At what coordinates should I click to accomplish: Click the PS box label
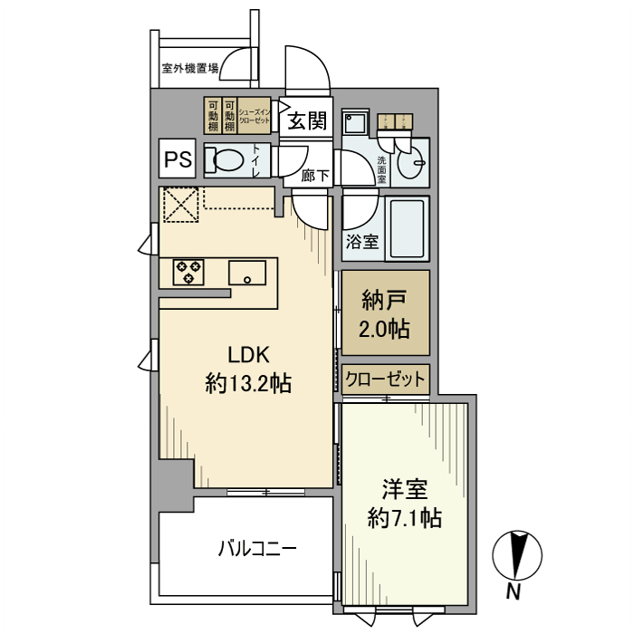pyautogui.click(x=178, y=161)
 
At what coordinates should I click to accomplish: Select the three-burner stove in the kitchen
pyautogui.click(x=188, y=271)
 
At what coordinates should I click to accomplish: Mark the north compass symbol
pyautogui.click(x=516, y=554)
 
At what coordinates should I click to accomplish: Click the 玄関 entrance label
pyautogui.click(x=308, y=120)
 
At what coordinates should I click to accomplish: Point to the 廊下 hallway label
pyautogui.click(x=315, y=175)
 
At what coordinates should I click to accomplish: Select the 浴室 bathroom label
pyautogui.click(x=362, y=242)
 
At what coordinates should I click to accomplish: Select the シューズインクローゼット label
pyautogui.click(x=255, y=115)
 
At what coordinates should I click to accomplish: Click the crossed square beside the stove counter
pyautogui.click(x=180, y=204)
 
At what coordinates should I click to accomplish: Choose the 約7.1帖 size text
pyautogui.click(x=405, y=519)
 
